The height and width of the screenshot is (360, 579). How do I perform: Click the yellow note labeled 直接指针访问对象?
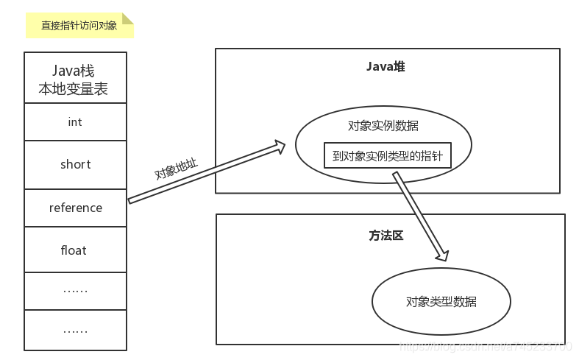(x=79, y=25)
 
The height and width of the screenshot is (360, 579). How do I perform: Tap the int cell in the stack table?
(x=74, y=122)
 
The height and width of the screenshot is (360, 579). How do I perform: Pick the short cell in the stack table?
(x=75, y=164)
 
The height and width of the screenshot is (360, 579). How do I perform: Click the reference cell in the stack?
(x=75, y=208)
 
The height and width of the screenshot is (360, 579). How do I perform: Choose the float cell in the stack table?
(x=74, y=250)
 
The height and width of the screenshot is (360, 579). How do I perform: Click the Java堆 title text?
(x=386, y=67)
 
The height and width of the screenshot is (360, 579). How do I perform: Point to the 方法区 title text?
(x=386, y=236)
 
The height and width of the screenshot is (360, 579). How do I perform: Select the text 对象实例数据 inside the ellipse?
(x=383, y=125)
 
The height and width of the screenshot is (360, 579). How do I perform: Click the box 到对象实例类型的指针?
(x=387, y=155)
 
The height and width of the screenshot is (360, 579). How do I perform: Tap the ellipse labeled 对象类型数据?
(x=441, y=302)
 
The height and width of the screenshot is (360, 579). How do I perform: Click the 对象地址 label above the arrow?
(x=175, y=170)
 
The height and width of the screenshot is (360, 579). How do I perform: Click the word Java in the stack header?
(x=65, y=71)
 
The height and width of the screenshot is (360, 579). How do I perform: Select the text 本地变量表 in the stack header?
(x=74, y=90)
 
